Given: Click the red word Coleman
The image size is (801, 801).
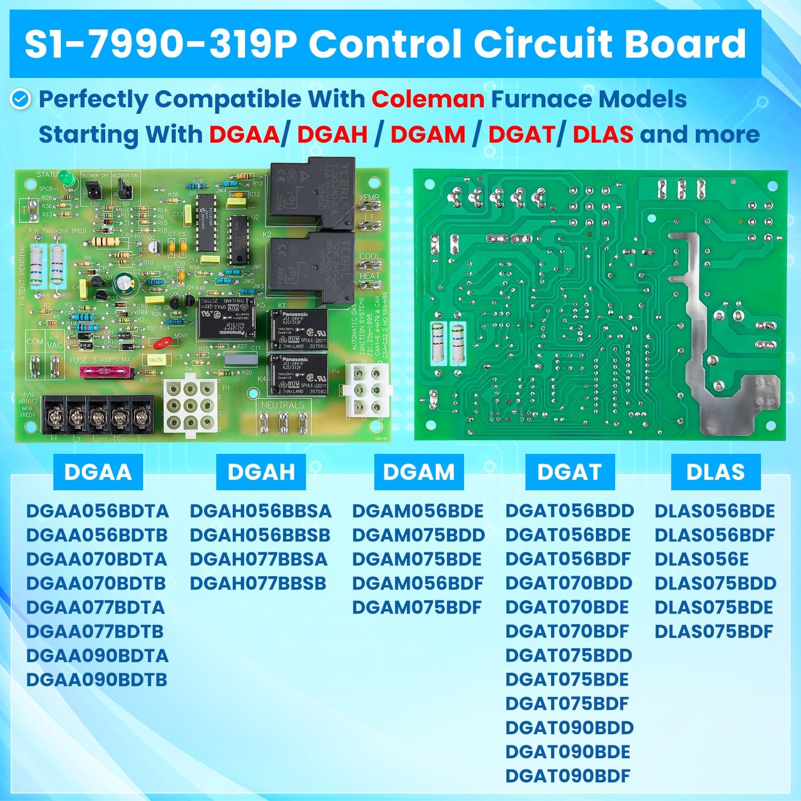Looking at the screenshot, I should tap(428, 99).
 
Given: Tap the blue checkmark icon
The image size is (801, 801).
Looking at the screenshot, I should tap(21, 99).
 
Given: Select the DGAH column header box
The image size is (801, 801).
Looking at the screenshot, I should tap(261, 472).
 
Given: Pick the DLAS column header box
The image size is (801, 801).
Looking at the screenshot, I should tap(715, 472).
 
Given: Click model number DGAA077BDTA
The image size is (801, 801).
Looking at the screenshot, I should tap(96, 608).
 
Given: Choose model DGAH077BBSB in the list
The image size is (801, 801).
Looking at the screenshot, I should tap(258, 584).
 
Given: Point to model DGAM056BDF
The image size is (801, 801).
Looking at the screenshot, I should tap(418, 584).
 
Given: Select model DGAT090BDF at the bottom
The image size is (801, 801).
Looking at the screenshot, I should tap(568, 776).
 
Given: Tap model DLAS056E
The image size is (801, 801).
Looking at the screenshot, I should tap(701, 560).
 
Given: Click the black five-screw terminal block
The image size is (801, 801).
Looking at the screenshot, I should tap(98, 414).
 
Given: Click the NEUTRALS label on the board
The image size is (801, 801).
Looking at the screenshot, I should tap(282, 405).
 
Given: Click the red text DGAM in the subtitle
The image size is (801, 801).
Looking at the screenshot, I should tap(428, 135).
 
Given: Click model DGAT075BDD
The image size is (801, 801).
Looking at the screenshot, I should tap(569, 656).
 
